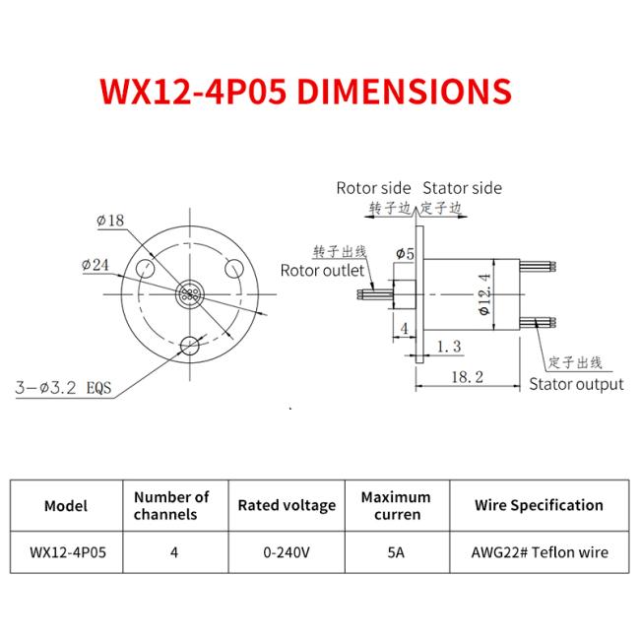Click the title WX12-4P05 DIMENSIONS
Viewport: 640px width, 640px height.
[305, 91]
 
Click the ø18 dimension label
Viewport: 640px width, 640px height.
[110, 221]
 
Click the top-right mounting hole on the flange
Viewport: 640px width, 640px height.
[235, 267]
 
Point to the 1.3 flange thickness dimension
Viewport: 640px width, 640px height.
[448, 347]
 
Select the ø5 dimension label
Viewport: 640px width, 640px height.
[404, 254]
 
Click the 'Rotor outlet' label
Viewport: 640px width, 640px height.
[322, 270]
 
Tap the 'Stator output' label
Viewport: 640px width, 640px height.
[576, 384]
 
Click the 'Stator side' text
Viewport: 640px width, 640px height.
[462, 188]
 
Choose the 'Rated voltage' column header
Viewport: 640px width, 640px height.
[287, 505]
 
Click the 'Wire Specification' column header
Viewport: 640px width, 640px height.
[539, 505]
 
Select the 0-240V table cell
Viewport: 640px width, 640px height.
[287, 552]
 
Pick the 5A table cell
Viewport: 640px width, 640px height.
[397, 552]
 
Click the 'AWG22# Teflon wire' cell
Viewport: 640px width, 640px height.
[539, 552]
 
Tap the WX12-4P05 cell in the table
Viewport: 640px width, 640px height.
[66, 552]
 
